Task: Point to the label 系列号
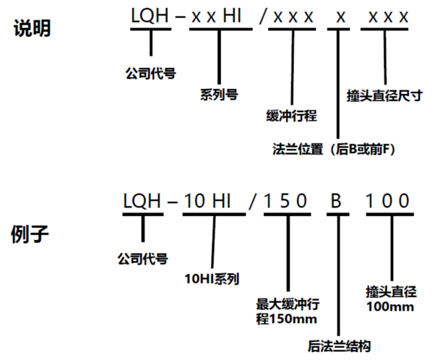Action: pos(218,94)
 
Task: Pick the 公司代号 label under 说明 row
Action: pos(150,72)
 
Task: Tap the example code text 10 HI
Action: pos(207,201)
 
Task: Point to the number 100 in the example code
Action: pos(388,201)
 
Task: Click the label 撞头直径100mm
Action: pos(391,299)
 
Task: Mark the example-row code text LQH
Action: pos(142,201)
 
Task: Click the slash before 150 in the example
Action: pos(251,201)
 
